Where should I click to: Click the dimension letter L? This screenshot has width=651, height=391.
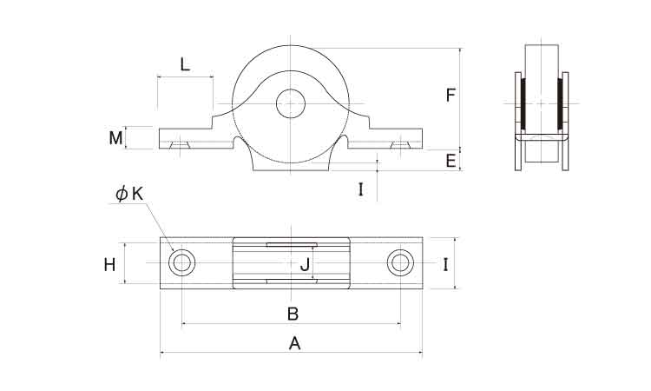point(185,64)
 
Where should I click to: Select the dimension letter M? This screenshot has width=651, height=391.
point(115,138)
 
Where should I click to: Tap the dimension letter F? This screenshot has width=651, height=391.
point(450,96)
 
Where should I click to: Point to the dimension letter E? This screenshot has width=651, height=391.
point(450,161)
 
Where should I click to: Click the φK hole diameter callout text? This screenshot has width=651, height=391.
point(129,194)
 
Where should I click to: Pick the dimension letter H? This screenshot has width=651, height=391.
point(109,265)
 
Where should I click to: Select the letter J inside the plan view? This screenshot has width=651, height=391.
point(306,264)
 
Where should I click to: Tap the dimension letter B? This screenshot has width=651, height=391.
point(293,314)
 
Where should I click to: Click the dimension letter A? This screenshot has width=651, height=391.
point(294,343)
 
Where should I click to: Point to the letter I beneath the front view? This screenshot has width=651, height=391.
point(361,189)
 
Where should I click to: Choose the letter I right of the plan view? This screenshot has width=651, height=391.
point(445,265)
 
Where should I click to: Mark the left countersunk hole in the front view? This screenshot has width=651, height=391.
point(180,144)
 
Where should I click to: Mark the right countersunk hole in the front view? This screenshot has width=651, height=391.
point(401,144)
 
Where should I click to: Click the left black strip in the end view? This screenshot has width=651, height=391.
point(523,103)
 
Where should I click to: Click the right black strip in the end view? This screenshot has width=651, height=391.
point(560,103)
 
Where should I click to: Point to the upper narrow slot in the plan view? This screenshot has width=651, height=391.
point(292,245)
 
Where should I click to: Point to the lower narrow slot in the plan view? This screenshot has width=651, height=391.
point(292,282)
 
